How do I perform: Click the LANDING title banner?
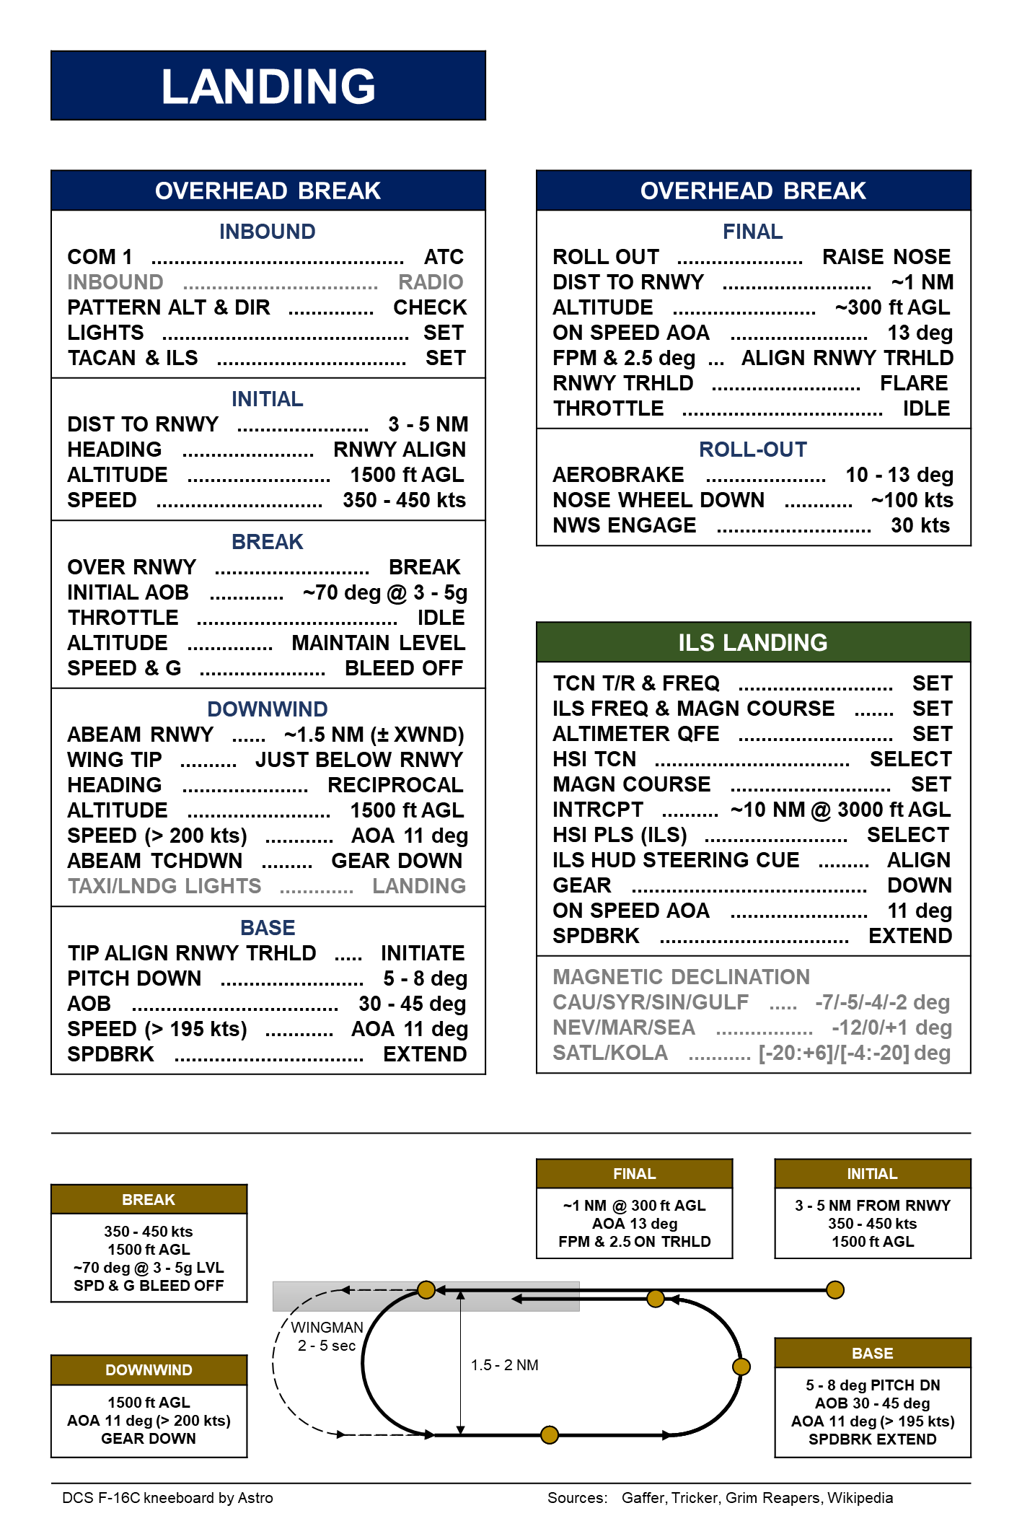click(x=268, y=86)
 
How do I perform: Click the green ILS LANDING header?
click(x=753, y=642)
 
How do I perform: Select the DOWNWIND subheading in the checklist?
click(x=268, y=709)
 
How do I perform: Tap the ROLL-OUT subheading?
click(x=753, y=450)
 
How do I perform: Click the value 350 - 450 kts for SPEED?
click(x=404, y=500)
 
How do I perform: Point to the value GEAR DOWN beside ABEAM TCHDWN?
click(x=397, y=861)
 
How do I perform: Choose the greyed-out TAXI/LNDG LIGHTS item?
click(x=164, y=886)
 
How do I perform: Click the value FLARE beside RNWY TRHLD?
click(x=914, y=383)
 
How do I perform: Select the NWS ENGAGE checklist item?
click(x=625, y=525)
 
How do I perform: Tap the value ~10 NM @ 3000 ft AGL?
click(x=840, y=810)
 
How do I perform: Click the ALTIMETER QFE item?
click(x=636, y=734)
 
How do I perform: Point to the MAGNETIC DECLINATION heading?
click(x=681, y=977)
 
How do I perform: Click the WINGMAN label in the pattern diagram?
click(x=327, y=1328)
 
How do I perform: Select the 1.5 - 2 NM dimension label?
click(x=504, y=1365)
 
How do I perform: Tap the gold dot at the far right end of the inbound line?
click(x=835, y=1289)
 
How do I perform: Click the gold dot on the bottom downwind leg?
click(x=550, y=1434)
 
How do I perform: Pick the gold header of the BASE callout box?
click(x=872, y=1353)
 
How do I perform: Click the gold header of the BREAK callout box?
click(x=149, y=1199)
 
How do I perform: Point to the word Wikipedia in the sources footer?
click(x=860, y=1498)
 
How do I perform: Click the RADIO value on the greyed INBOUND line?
click(x=431, y=282)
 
